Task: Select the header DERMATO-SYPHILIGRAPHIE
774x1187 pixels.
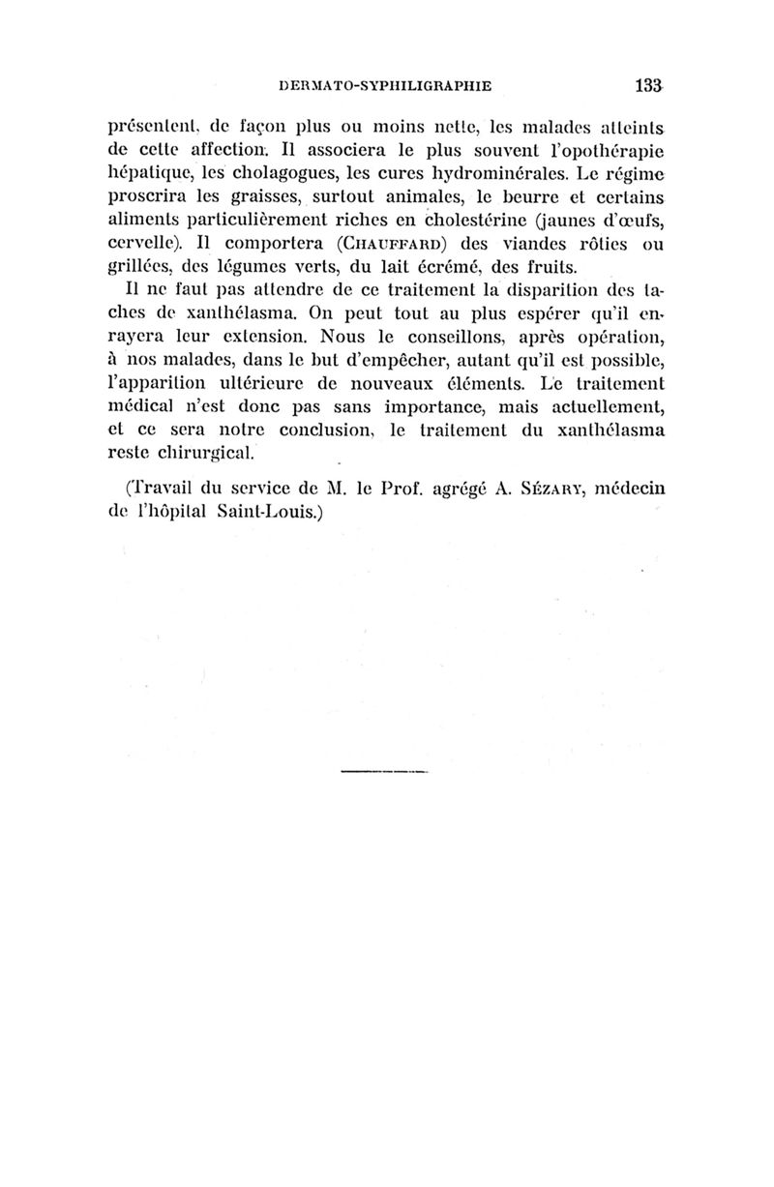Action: click(385, 85)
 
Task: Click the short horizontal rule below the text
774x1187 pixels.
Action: click(385, 772)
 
